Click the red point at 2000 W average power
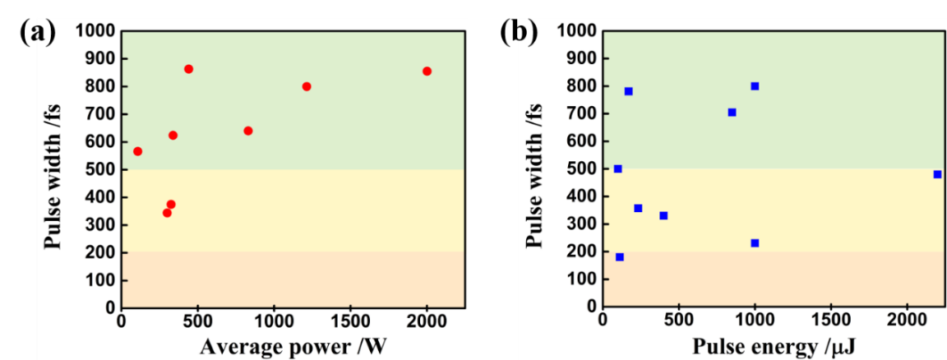click(427, 72)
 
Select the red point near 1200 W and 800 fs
click(307, 86)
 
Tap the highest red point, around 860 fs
click(188, 69)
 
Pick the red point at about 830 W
click(248, 131)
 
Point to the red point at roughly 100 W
click(137, 151)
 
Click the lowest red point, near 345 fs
click(167, 213)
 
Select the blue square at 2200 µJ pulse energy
click(937, 174)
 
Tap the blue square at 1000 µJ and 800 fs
click(755, 86)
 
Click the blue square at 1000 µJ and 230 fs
click(755, 243)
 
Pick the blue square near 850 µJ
click(732, 113)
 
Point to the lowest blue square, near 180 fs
click(620, 257)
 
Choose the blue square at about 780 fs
click(628, 91)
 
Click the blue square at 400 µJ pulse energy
click(663, 215)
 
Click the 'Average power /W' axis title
click(292, 345)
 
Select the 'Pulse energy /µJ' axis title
click(774, 345)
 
